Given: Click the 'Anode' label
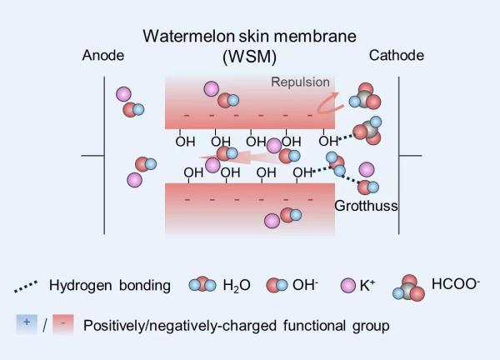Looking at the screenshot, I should pos(103,56).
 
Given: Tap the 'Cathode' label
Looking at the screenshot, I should pos(396,56).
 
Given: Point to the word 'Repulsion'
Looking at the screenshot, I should pos(300,82).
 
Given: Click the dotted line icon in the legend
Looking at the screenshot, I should pos(29,287).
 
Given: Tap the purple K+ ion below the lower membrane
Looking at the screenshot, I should pos(272,221).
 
